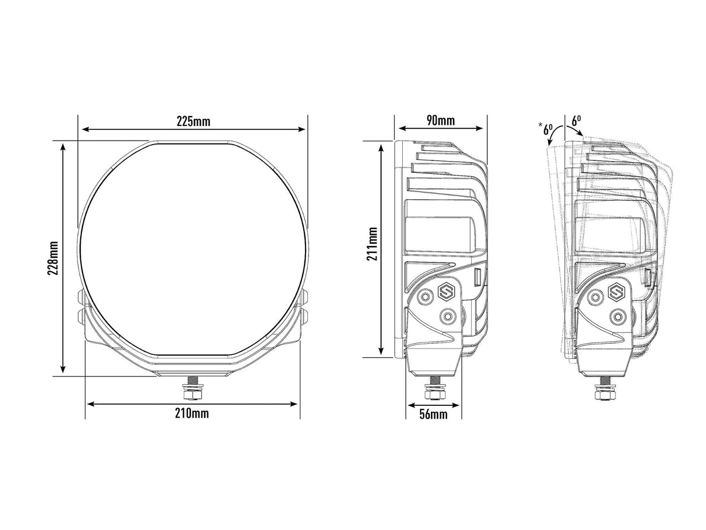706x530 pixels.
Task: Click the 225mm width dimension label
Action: (x=193, y=121)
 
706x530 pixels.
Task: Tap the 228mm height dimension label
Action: (x=53, y=258)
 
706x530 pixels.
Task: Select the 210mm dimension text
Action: (x=191, y=413)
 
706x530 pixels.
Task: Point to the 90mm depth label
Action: (x=441, y=121)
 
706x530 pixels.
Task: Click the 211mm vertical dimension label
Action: (x=372, y=249)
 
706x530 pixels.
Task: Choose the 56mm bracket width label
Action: (x=433, y=415)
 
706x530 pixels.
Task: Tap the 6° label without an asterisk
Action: (x=576, y=121)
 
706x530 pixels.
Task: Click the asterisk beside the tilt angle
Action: (x=541, y=125)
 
